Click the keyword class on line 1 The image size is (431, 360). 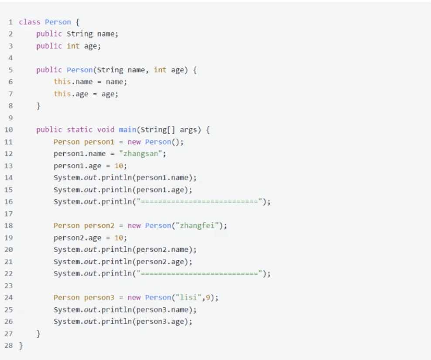[29, 22]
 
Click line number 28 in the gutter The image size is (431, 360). [9, 345]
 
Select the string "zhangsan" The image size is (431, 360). [141, 153]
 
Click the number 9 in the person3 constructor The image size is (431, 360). [208, 298]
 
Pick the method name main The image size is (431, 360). [127, 129]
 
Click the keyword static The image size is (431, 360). [80, 129]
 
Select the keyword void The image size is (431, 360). [106, 129]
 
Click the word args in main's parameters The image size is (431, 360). [188, 129]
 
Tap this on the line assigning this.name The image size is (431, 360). [62, 82]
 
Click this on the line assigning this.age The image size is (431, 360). [62, 94]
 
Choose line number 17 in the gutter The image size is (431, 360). [9, 214]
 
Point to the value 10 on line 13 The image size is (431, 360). [119, 166]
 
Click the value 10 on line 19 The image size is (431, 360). [119, 238]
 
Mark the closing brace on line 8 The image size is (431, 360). [38, 106]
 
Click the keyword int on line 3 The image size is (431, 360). [73, 46]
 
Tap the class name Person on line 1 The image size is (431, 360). [58, 22]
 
